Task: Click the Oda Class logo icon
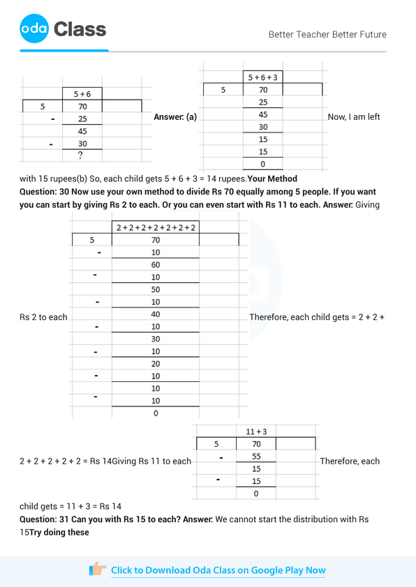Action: click(x=34, y=29)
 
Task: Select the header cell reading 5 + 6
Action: click(x=82, y=93)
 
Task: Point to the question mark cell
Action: click(x=82, y=155)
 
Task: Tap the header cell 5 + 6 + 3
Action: click(x=262, y=77)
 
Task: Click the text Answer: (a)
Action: click(x=174, y=117)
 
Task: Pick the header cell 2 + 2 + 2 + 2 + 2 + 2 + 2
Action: click(x=156, y=228)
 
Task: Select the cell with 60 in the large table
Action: click(x=156, y=265)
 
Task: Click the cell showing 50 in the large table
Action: click(x=156, y=289)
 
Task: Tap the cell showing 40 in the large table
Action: click(x=156, y=314)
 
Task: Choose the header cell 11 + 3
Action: click(x=256, y=432)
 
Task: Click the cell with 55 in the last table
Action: click(x=256, y=457)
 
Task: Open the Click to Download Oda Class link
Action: click(x=218, y=570)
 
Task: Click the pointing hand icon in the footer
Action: click(x=98, y=570)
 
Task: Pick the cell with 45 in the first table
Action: click(x=82, y=131)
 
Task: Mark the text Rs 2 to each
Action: click(x=43, y=317)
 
